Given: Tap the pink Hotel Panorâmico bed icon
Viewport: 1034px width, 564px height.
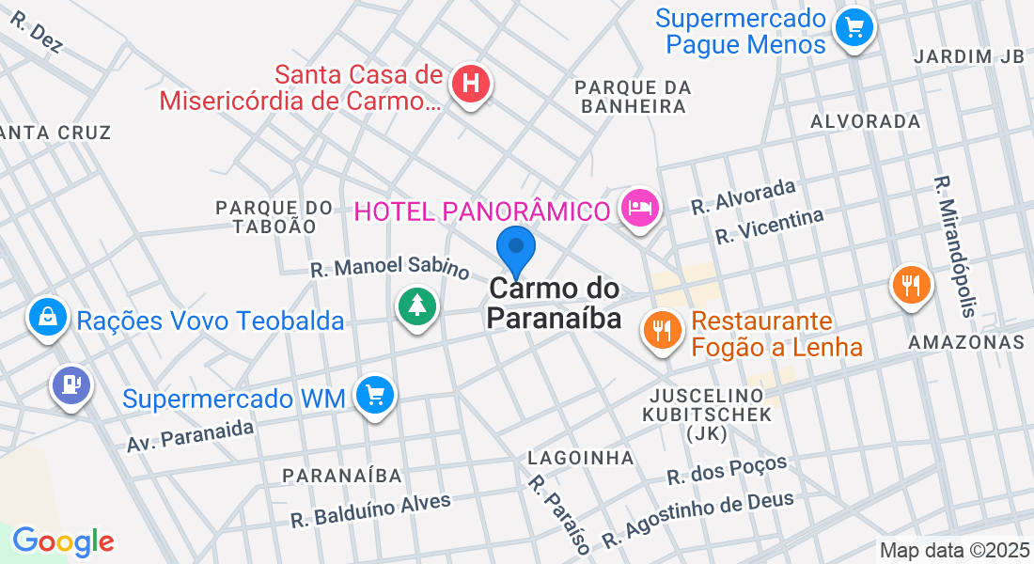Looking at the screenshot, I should (x=641, y=207).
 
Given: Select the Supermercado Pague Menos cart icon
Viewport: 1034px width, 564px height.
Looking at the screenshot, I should (x=854, y=27).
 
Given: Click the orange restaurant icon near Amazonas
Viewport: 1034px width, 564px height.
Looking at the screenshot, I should (x=911, y=285).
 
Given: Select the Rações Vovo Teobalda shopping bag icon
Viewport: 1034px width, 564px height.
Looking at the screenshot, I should (x=47, y=318).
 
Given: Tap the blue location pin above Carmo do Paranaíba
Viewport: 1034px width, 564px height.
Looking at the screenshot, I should (x=515, y=249).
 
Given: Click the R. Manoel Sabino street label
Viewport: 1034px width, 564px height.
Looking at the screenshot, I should (x=389, y=270).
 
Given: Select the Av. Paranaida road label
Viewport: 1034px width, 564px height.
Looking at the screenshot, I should (x=191, y=435).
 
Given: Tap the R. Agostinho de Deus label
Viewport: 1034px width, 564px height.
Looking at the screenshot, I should (x=697, y=521).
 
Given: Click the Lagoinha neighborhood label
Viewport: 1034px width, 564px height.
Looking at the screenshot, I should (x=581, y=458).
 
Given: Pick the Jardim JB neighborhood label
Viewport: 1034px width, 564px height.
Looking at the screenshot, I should (x=968, y=56).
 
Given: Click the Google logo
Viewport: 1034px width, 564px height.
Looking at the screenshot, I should (x=63, y=541).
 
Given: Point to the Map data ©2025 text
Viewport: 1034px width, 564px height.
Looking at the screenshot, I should (x=953, y=550).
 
